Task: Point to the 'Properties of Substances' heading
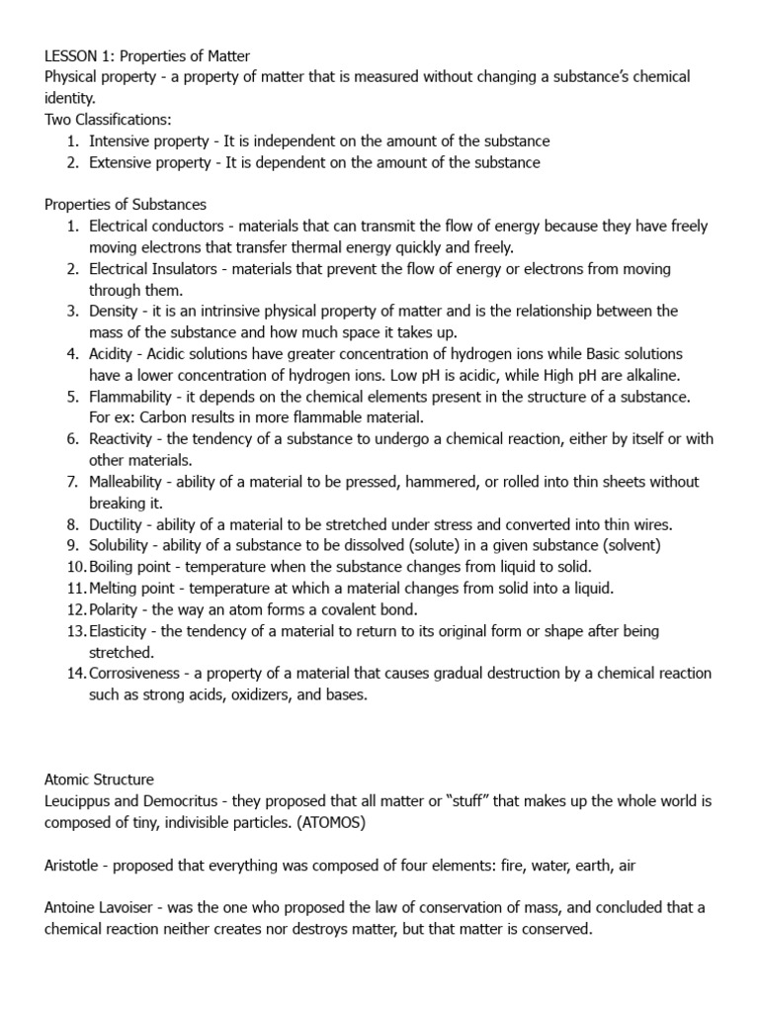tap(126, 205)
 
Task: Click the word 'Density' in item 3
tap(115, 312)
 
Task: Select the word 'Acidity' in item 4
tap(115, 354)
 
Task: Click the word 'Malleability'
tap(129, 482)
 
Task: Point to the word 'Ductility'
tap(119, 524)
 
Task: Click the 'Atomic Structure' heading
tap(99, 780)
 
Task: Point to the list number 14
tap(77, 674)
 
